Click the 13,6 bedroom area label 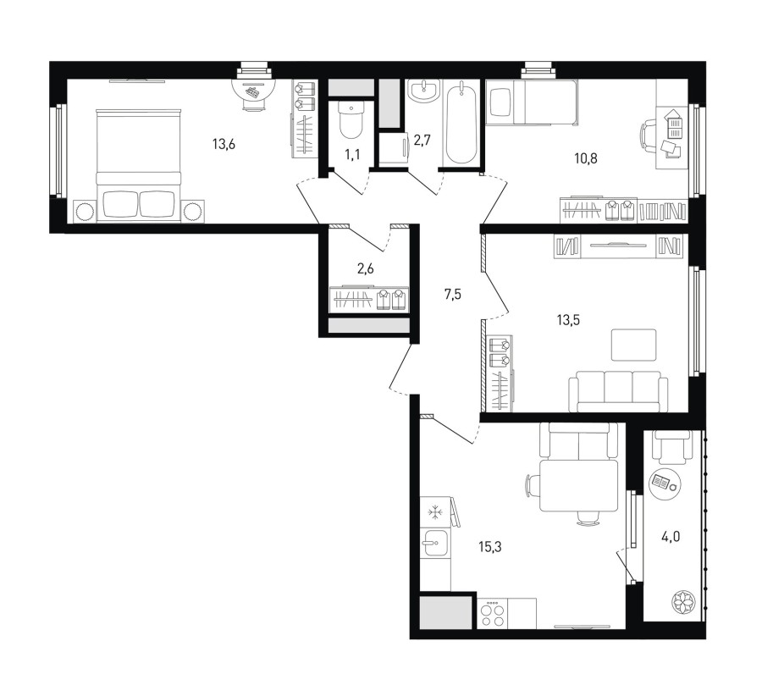click(224, 144)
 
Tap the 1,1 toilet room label click(353, 155)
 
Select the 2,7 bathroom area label click(422, 141)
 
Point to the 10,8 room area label click(586, 158)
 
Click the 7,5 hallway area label click(452, 295)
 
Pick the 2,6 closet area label click(366, 268)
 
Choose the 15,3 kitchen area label click(490, 547)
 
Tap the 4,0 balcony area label click(671, 537)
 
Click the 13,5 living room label click(569, 320)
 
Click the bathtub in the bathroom click(461, 123)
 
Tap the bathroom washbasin click(424, 91)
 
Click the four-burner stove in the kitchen click(492, 614)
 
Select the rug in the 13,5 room click(633, 345)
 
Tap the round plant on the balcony click(684, 602)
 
